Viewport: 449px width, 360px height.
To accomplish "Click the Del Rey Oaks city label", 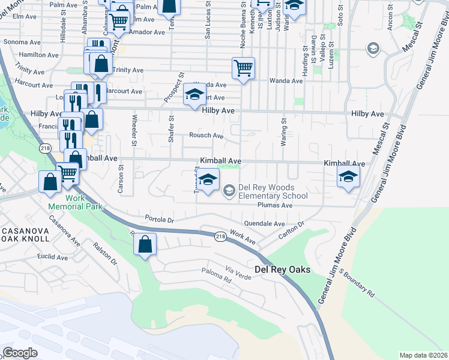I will [283, 269].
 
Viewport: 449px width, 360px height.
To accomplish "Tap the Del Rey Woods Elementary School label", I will [273, 191].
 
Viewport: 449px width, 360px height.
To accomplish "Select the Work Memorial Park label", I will [76, 202].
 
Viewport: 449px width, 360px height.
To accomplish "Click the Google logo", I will [20, 352].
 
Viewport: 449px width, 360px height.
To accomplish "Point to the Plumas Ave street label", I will [274, 205].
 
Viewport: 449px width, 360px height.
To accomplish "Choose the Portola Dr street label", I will [159, 219].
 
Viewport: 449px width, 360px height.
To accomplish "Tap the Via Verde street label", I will [238, 268].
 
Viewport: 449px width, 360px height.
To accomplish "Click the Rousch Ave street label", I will [206, 136].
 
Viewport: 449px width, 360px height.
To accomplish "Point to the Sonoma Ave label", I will [25, 43].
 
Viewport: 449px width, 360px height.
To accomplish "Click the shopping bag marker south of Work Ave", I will [145, 244].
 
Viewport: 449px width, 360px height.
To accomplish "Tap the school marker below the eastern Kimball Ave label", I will [348, 177].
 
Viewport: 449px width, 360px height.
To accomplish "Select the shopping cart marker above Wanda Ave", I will [243, 68].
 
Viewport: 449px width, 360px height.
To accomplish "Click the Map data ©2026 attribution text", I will [423, 355].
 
